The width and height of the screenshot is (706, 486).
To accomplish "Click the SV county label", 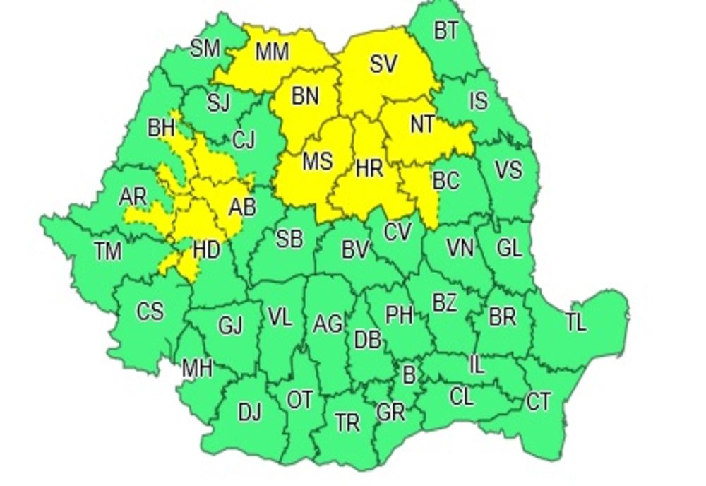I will pyautogui.click(x=383, y=64).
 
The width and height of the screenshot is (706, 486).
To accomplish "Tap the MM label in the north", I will pyautogui.click(x=271, y=52).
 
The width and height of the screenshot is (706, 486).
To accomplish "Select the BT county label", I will pyautogui.click(x=445, y=31).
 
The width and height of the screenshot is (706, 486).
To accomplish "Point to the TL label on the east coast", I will pyautogui.click(x=575, y=322).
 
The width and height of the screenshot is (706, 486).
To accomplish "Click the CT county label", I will pyautogui.click(x=538, y=403).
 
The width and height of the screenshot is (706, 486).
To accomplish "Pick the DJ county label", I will pyautogui.click(x=249, y=412).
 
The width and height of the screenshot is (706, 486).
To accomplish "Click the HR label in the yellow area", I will pyautogui.click(x=369, y=169).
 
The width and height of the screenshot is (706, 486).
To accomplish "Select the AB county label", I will pyautogui.click(x=241, y=208).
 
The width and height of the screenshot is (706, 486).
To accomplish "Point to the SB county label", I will pyautogui.click(x=289, y=239).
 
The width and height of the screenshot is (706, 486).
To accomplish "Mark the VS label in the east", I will pyautogui.click(x=508, y=170).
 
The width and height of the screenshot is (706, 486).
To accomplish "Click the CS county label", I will pyautogui.click(x=150, y=311).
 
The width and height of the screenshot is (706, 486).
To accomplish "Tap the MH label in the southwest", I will pyautogui.click(x=197, y=369).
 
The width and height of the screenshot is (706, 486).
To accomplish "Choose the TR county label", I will pyautogui.click(x=347, y=422).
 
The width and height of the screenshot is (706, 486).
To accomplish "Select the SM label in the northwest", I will pyautogui.click(x=205, y=49).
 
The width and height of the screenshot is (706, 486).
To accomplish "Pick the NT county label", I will pyautogui.click(x=422, y=124).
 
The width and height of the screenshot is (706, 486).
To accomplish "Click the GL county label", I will pyautogui.click(x=508, y=248).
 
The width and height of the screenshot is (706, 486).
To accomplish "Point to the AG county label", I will pyautogui.click(x=328, y=324).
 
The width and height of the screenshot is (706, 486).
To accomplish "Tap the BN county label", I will pyautogui.click(x=305, y=96).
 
